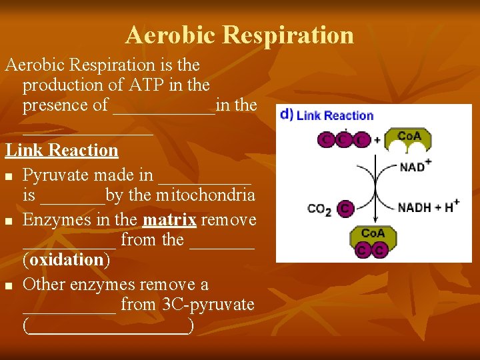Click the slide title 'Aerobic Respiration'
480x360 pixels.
point(239,35)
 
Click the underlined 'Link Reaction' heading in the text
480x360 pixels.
point(62,151)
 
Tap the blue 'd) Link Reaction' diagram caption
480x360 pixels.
point(327,115)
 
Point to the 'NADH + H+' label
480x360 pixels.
point(429,207)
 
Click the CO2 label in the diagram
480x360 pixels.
point(319,209)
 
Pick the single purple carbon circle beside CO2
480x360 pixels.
point(345,209)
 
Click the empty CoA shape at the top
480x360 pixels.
point(409,139)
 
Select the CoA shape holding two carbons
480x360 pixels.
point(372,242)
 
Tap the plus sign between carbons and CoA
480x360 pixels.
point(377,140)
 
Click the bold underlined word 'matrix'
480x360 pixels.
point(169,220)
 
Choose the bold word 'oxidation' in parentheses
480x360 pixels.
point(65,259)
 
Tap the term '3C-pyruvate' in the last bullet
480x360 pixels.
point(208,305)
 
